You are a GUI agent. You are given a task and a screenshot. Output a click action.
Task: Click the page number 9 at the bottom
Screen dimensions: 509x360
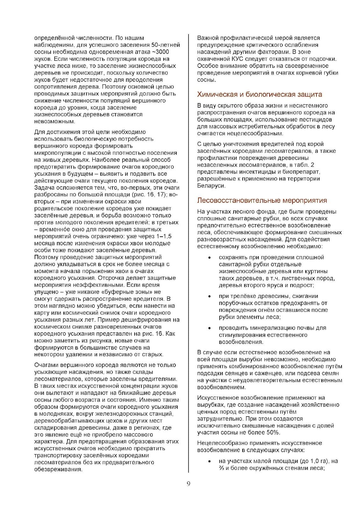coord(188,484)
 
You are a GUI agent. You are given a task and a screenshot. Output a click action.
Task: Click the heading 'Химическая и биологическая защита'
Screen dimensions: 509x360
coord(259,94)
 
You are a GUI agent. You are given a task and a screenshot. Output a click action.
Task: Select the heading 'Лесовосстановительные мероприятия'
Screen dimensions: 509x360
coord(262,200)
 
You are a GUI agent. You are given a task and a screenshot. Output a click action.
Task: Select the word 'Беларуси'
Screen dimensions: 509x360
coord(211,186)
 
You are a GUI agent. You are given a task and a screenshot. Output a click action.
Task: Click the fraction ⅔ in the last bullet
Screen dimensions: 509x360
coord(222,468)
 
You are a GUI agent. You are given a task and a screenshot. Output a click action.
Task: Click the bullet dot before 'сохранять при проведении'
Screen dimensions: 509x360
coord(209,257)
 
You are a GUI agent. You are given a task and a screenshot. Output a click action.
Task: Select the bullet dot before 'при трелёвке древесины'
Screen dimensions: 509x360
coord(209,296)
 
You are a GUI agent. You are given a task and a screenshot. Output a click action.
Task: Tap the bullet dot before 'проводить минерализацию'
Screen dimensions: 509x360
coord(209,328)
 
